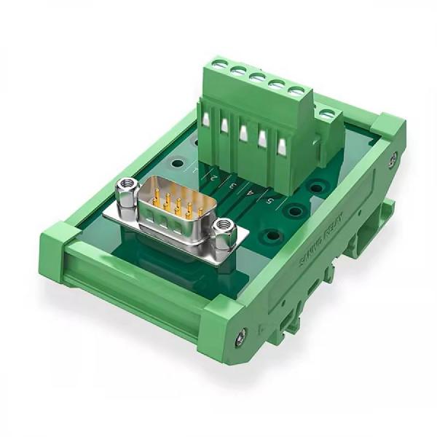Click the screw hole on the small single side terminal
point(327,114)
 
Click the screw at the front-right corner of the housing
point(241,336)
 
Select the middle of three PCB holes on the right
point(295,211)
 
